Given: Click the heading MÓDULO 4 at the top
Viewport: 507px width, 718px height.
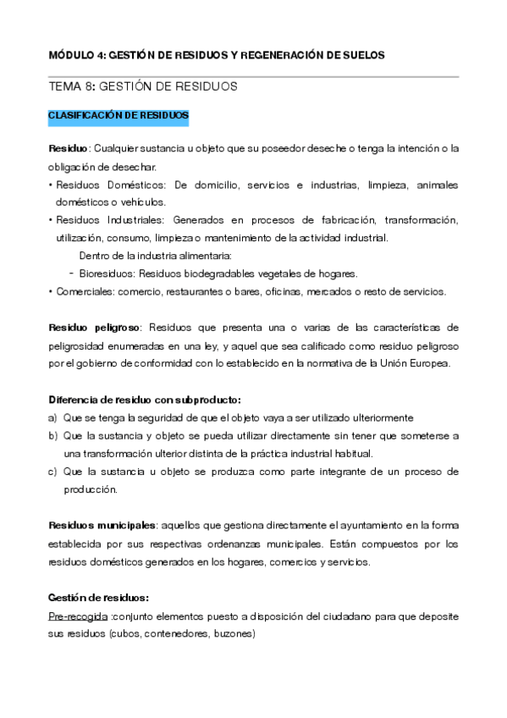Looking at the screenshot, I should coord(76,55).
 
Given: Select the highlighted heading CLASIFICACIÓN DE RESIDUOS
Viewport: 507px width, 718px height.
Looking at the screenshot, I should coord(118,114).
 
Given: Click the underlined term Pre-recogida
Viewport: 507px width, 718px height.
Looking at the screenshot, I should coord(78,616).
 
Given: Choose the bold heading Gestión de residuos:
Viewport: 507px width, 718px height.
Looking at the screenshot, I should coord(99,598).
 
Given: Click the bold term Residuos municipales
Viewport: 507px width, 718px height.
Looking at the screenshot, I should coord(102,524).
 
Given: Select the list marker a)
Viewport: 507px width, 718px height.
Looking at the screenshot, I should coord(52,417).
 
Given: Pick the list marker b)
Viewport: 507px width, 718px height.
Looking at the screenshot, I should coord(52,435).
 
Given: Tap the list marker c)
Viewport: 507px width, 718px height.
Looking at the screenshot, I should coord(52,471).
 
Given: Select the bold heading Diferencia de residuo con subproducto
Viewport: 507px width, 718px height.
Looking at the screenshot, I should coord(144,400).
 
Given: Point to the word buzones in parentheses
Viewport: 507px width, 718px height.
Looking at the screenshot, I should coord(234,634).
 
